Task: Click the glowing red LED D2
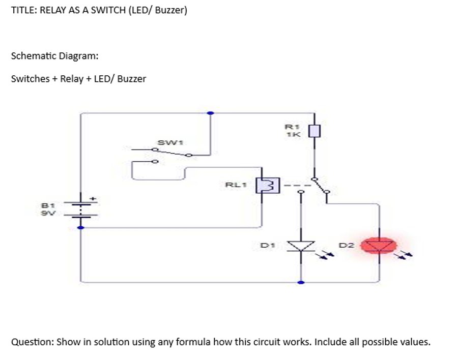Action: tap(379, 246)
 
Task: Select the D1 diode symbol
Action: tap(301, 246)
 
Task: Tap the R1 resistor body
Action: tap(315, 131)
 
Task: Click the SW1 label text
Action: tap(167, 142)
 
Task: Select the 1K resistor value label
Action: tap(294, 135)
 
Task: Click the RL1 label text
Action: tap(235, 185)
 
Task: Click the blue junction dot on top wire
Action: tap(210, 113)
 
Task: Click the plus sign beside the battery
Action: tap(93, 199)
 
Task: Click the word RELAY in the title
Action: tap(53, 10)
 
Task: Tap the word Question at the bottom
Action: tap(32, 342)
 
